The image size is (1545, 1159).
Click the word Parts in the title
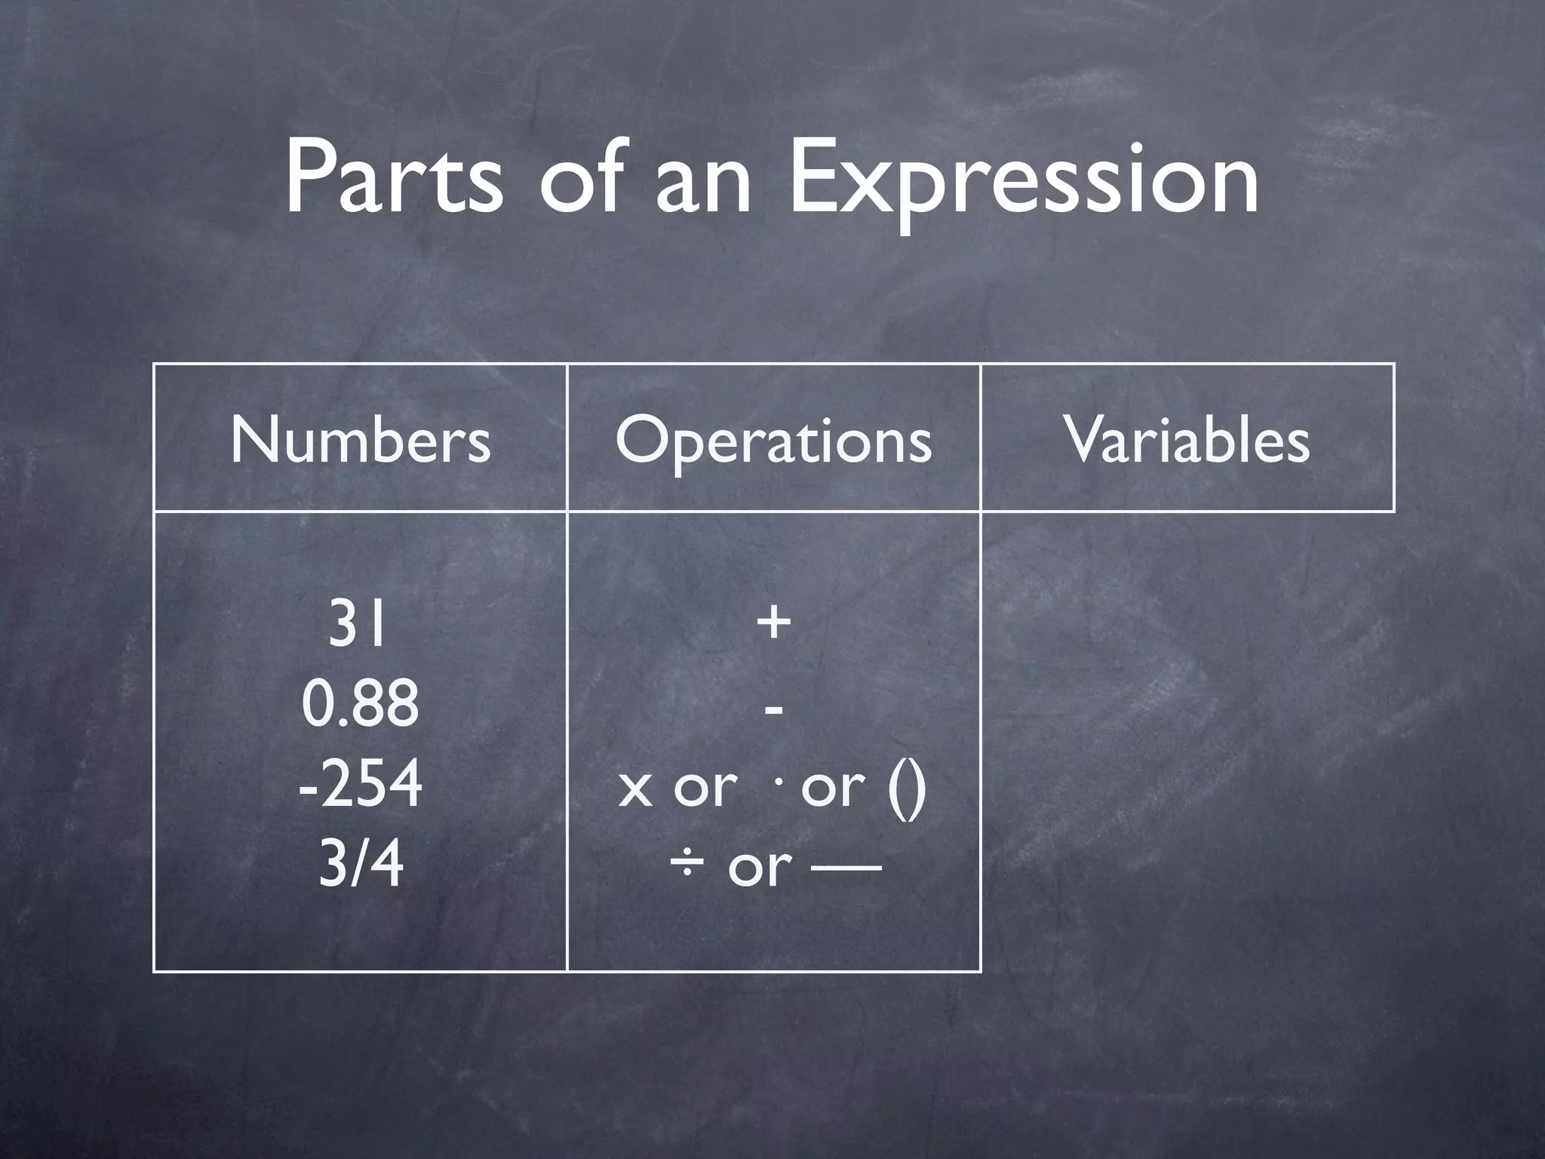point(392,177)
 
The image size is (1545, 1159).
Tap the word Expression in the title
point(1023,181)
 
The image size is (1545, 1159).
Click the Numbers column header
point(361,439)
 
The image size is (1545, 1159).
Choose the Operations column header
point(773,441)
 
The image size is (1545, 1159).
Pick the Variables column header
point(1187,439)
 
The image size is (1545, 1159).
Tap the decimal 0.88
point(360,702)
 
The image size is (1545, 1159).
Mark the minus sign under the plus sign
point(773,709)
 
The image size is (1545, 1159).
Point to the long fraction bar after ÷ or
point(846,868)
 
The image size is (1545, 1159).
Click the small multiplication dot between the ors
point(778,778)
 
